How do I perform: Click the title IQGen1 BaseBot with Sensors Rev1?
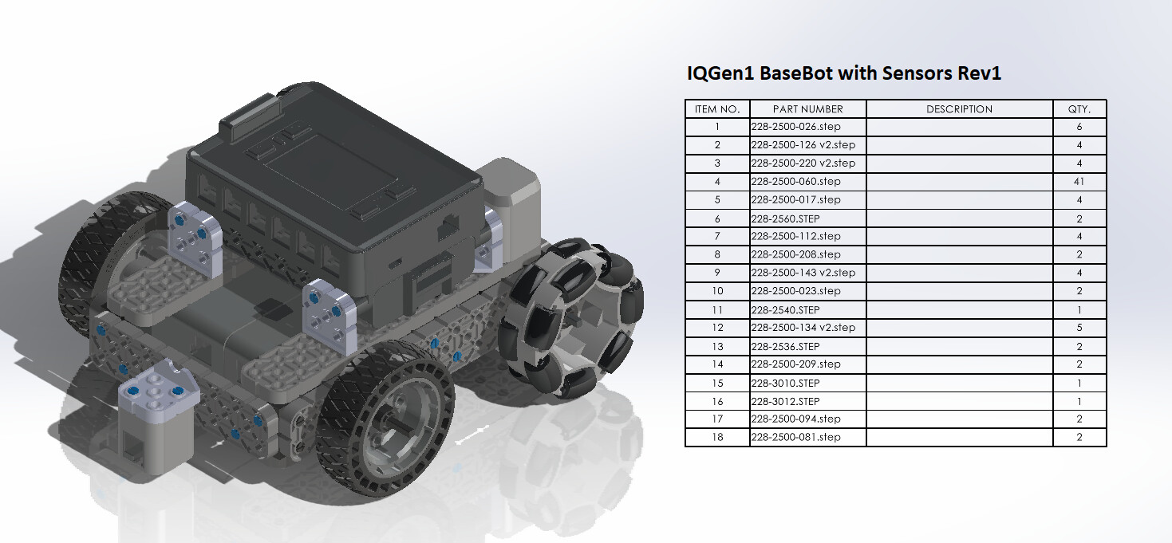[x=844, y=73]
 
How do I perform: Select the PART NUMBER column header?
[x=808, y=109]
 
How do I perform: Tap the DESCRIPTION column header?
[x=959, y=109]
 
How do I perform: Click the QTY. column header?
[x=1079, y=109]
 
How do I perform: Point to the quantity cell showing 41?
[x=1079, y=182]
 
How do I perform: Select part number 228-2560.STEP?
[x=785, y=218]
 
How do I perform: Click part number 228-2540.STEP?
[x=785, y=310]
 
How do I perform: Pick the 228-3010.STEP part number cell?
[x=785, y=384]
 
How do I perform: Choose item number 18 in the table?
[x=717, y=437]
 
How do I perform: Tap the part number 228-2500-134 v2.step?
[x=803, y=328]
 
